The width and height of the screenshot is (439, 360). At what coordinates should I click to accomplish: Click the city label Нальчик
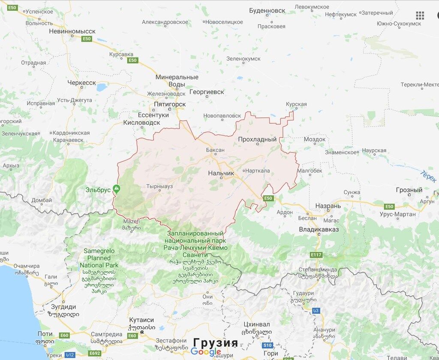pos(221,173)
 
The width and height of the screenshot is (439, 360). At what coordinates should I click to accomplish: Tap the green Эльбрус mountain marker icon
pos(116,189)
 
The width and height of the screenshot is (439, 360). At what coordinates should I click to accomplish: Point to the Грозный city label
pos(409,190)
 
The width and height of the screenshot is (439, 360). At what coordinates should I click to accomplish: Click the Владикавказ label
pos(319,230)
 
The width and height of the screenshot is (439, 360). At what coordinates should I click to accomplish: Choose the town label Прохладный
pos(257,139)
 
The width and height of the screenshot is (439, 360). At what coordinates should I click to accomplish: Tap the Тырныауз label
pos(159,187)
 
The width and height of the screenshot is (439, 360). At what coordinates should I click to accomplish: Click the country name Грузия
pos(215,342)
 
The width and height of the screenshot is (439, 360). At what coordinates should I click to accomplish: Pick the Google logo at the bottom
pos(206,352)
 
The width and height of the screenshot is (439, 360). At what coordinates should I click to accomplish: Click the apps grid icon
pos(420,16)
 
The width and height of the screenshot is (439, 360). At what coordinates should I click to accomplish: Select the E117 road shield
pos(316,255)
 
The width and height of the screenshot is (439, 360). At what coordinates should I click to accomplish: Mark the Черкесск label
pos(81,83)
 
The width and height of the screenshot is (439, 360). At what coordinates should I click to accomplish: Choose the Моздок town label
pos(314,139)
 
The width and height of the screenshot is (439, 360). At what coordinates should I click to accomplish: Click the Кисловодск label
pos(141,123)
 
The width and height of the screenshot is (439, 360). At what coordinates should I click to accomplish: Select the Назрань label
pos(328,206)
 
